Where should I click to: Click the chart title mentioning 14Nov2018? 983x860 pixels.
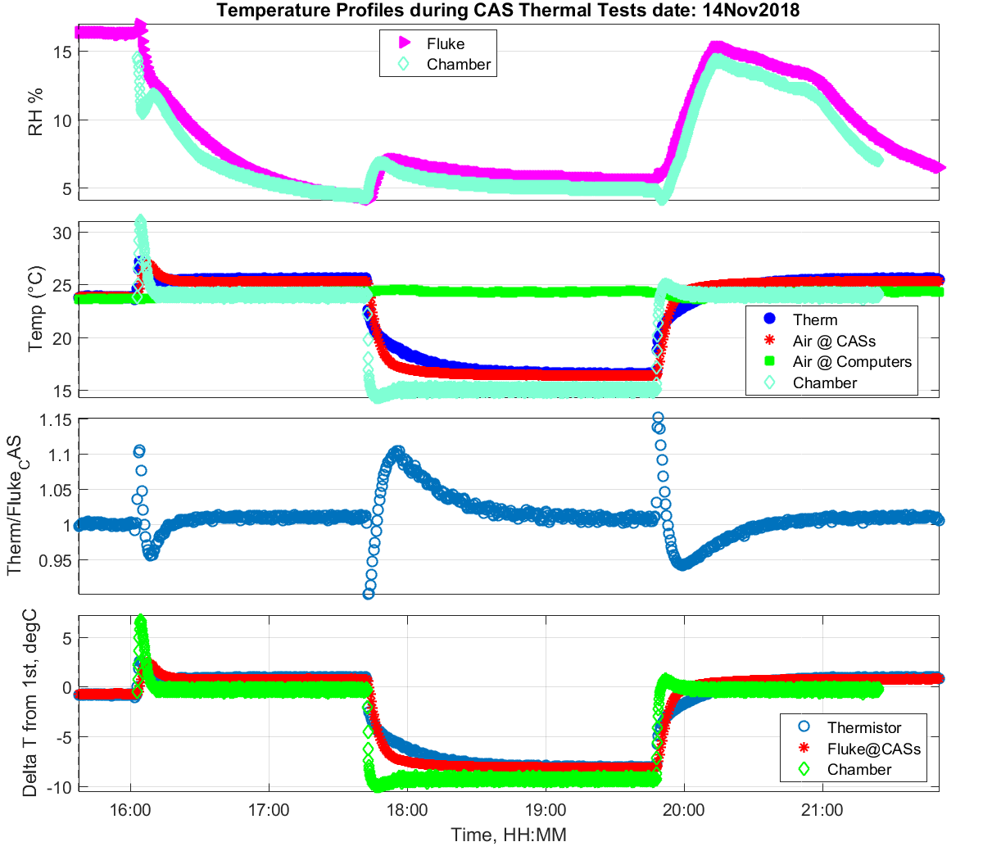point(508,11)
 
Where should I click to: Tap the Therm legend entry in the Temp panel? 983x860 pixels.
point(814,319)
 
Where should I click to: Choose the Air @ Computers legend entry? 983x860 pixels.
point(851,361)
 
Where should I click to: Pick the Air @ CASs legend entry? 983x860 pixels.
point(834,341)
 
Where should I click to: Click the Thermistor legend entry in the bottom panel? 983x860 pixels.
point(863,727)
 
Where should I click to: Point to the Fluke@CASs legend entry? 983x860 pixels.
point(873,749)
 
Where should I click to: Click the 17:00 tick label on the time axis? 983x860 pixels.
point(269,810)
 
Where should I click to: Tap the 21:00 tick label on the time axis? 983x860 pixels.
point(822,810)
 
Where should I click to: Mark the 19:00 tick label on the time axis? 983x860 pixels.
point(545,810)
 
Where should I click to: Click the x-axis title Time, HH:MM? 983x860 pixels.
point(508,835)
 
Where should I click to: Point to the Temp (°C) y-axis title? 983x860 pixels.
point(35,309)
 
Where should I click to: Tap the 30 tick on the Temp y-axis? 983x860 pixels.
point(61,233)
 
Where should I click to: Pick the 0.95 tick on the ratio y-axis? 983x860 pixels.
point(56,560)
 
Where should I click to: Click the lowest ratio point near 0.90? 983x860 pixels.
point(369,594)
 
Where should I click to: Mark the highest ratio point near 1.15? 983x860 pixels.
point(657,418)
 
